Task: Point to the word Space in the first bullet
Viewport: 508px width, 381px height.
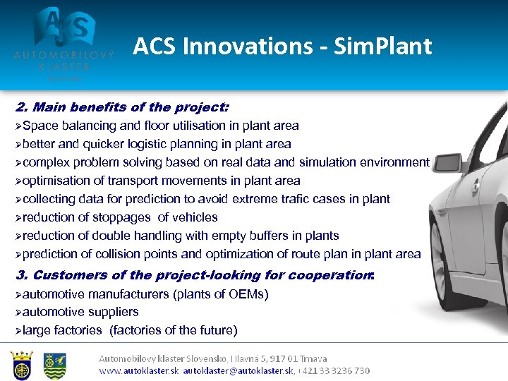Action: pyautogui.click(x=40, y=126)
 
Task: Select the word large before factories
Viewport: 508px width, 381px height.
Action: pyautogui.click(x=37, y=330)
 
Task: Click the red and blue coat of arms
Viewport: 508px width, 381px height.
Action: pyautogui.click(x=22, y=363)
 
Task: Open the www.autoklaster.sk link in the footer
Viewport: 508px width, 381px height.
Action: pyautogui.click(x=139, y=370)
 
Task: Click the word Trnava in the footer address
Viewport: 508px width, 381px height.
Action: pyautogui.click(x=311, y=359)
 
